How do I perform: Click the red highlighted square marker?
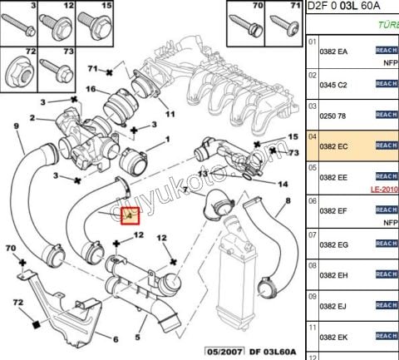coord(131,218)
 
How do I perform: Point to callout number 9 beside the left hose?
coord(16,126)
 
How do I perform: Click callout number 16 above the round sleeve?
coord(91,90)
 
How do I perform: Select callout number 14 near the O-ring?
coord(283,184)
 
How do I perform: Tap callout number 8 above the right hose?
coord(288,201)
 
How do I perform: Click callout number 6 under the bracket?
coord(116,338)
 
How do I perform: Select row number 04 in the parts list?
coord(313,135)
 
